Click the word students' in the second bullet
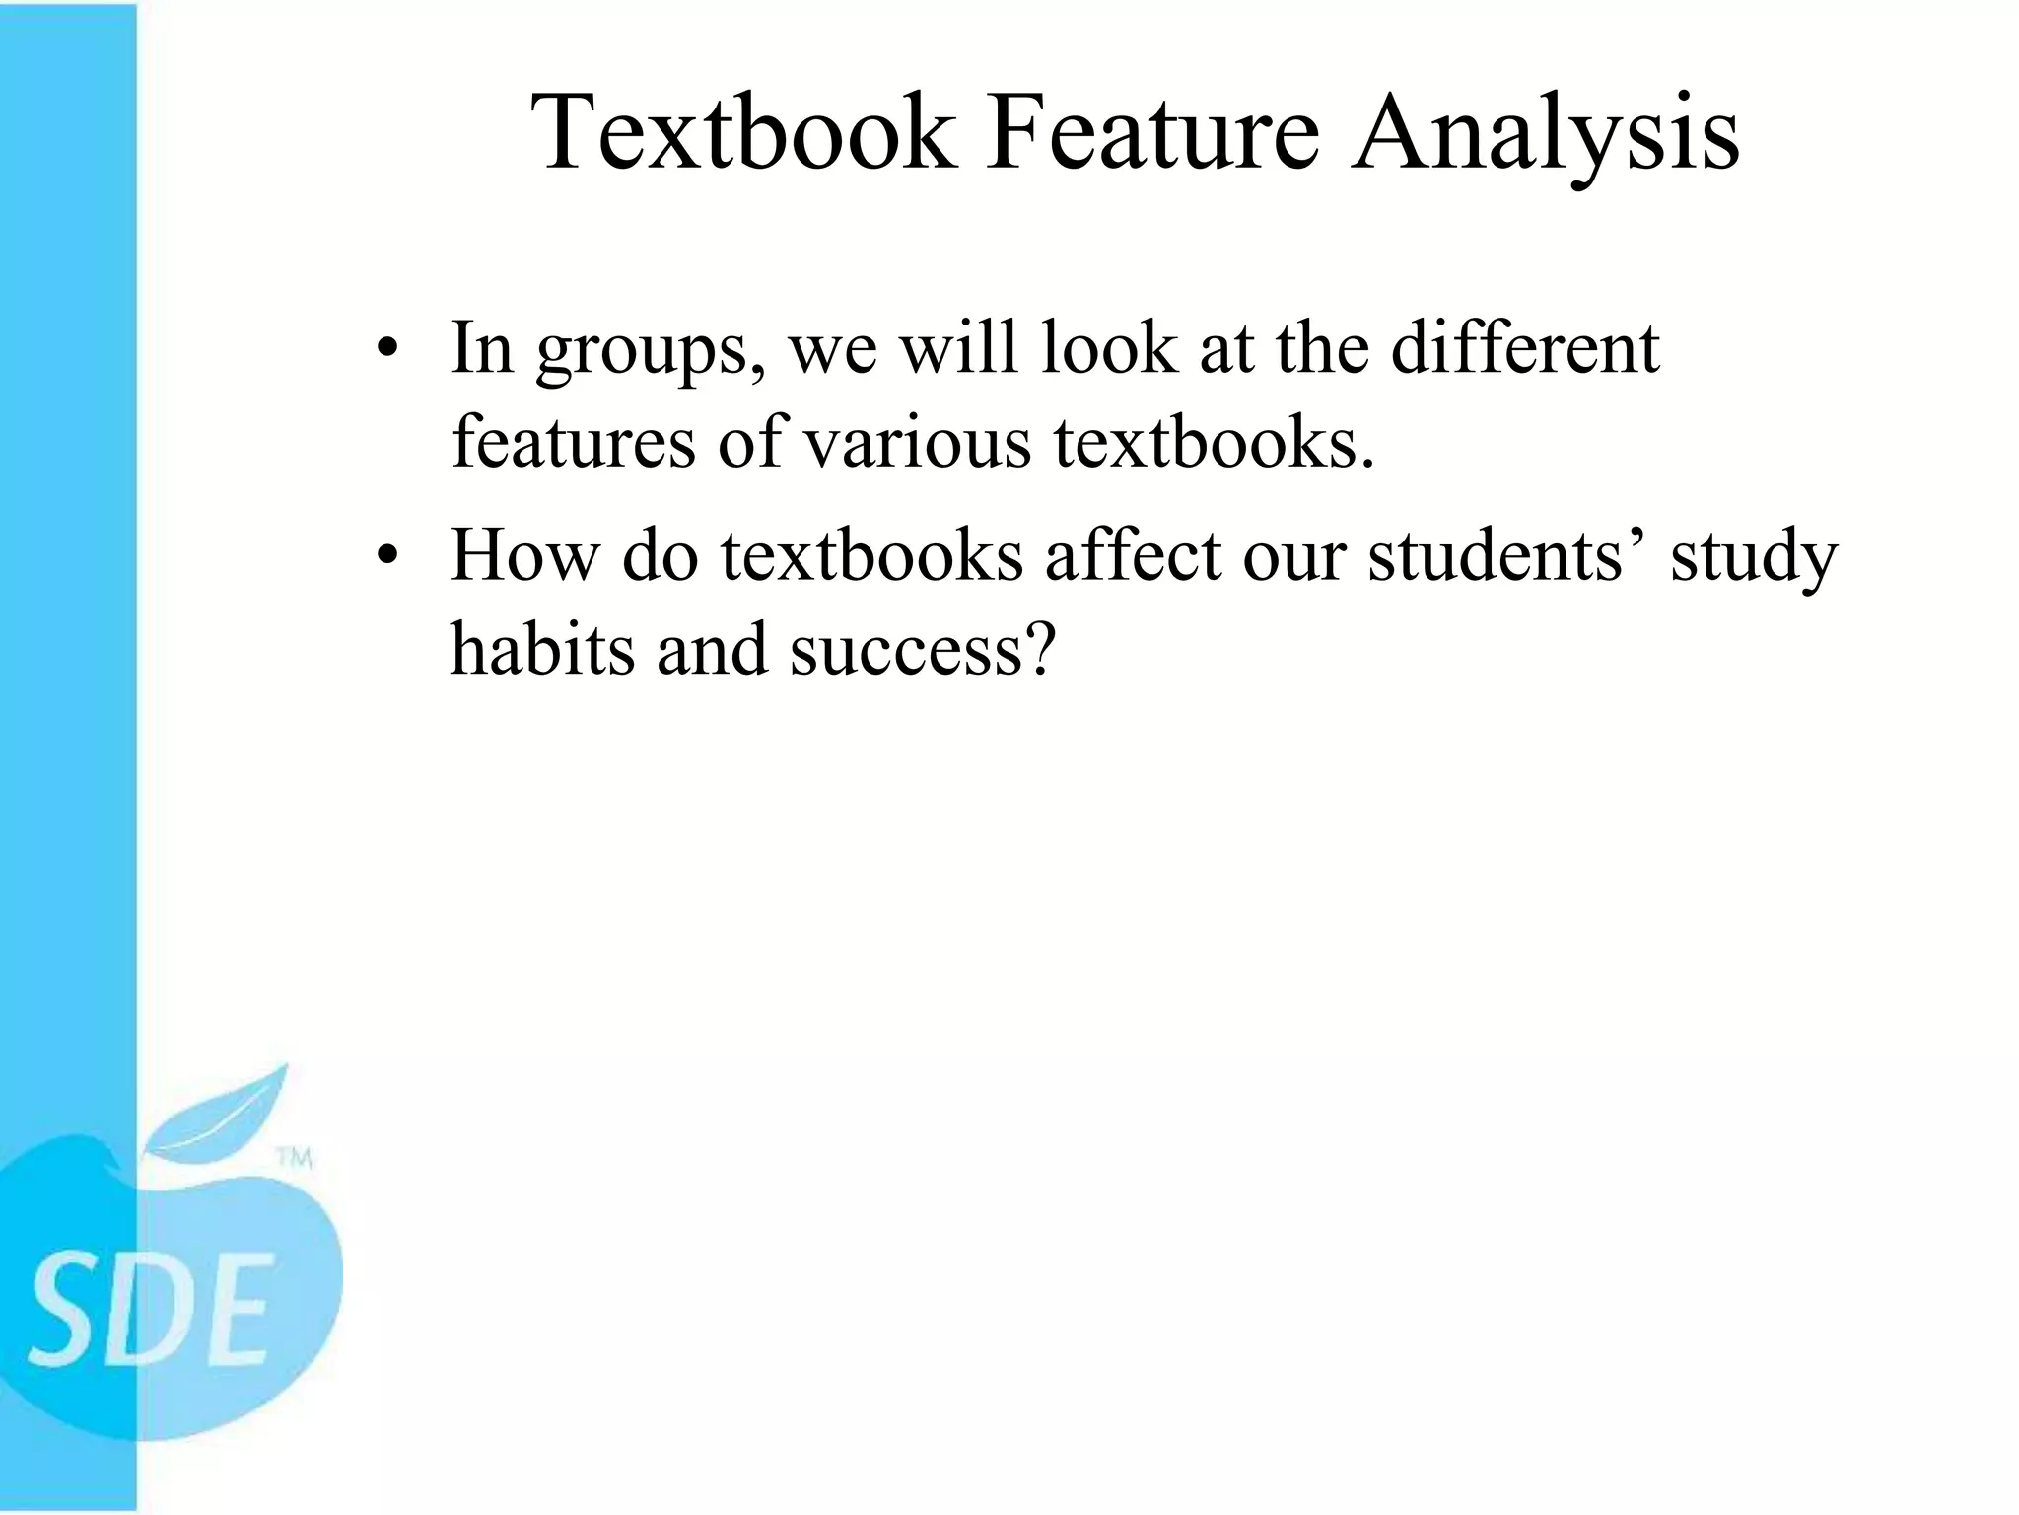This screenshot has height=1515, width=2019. coord(1507,554)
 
